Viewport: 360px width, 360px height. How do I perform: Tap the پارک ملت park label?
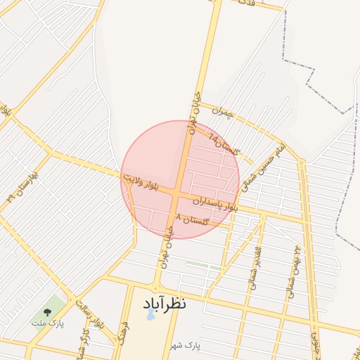[x=47, y=323]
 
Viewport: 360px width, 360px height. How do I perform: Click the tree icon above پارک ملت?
[x=47, y=310]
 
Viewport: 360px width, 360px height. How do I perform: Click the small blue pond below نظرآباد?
[x=150, y=316]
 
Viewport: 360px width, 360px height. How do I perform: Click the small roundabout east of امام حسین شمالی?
[x=301, y=163]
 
